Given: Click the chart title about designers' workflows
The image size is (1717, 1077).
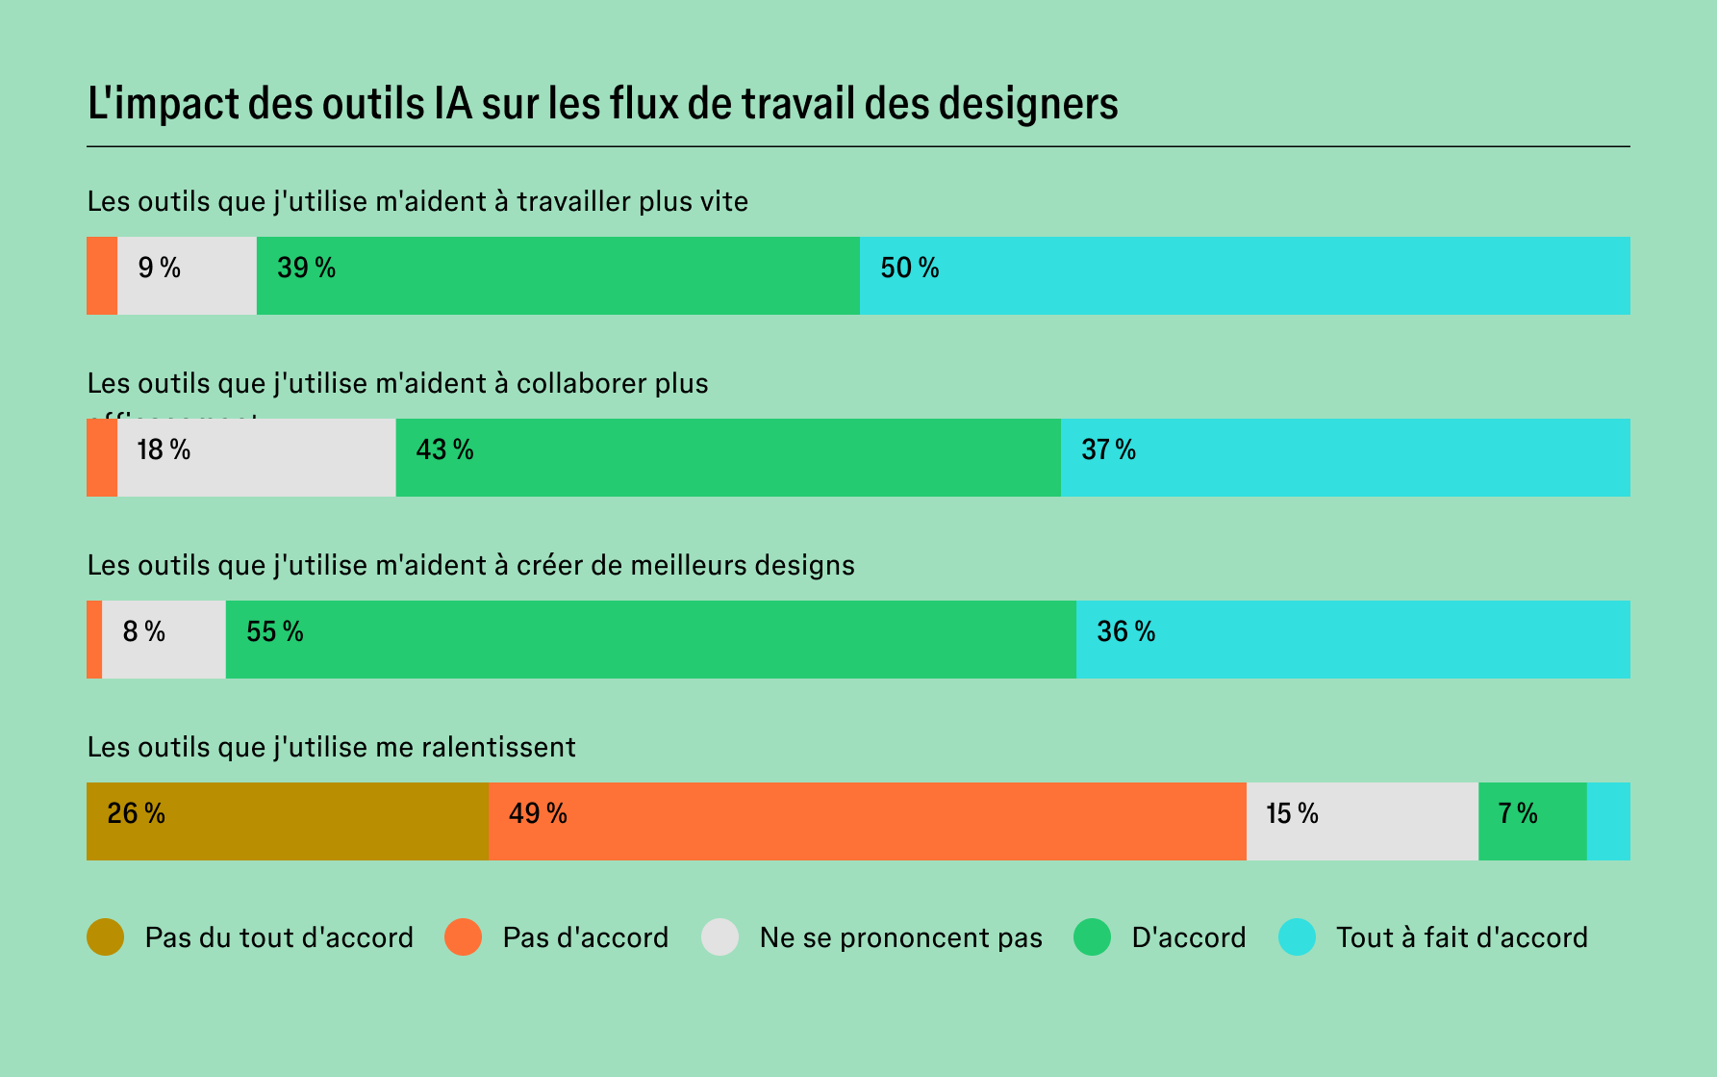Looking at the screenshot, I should tap(602, 104).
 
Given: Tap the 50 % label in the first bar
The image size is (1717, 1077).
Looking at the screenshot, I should tap(909, 269).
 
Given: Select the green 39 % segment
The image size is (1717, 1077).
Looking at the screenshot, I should tap(558, 275).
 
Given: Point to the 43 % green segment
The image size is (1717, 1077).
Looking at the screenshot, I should tap(728, 457).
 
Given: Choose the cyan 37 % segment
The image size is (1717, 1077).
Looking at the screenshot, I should tap(1345, 457).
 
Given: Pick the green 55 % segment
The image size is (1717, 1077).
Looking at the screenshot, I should tap(650, 639).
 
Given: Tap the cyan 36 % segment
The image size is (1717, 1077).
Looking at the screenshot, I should tap(1352, 639).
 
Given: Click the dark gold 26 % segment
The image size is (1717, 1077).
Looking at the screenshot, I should tap(287, 821).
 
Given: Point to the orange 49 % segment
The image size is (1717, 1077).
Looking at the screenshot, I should tap(867, 821).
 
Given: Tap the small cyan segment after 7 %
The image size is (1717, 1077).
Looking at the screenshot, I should tap(1607, 821).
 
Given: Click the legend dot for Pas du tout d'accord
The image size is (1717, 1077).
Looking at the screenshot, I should tap(105, 937).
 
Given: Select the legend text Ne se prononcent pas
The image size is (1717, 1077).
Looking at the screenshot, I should tap(900, 937).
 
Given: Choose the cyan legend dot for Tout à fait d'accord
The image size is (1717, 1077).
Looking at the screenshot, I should tap(1297, 937).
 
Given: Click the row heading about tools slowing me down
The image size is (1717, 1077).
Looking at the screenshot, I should tap(331, 747).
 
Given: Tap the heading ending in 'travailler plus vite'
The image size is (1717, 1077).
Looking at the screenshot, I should tap(417, 201).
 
